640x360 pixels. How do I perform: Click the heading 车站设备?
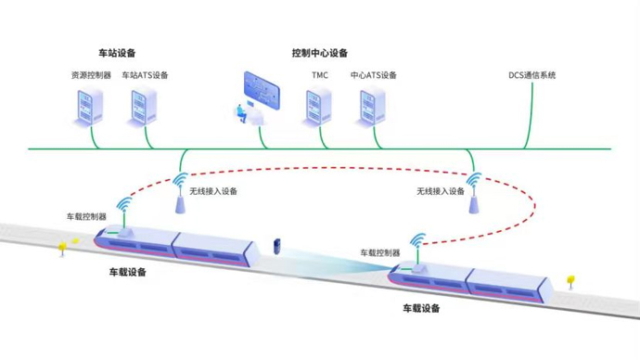117,53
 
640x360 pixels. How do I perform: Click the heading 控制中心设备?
320,53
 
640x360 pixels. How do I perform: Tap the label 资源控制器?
91,75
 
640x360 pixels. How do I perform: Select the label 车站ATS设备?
145,75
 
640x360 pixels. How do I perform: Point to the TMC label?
320,75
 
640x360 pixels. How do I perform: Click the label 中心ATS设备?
374,75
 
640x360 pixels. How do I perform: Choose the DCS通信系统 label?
531,75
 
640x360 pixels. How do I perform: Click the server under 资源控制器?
88,107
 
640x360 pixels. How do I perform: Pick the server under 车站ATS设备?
142,107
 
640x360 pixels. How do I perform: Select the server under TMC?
317,107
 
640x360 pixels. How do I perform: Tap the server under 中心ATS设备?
371,107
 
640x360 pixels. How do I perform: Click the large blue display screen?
262,90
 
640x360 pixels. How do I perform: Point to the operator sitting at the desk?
241,114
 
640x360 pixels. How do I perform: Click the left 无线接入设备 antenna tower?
180,205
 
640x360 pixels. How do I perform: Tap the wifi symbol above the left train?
124,204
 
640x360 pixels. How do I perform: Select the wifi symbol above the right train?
418,241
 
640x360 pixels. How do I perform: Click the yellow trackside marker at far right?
570,280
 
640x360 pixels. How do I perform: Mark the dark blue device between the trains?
276,247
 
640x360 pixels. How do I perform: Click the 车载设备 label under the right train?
421,308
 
